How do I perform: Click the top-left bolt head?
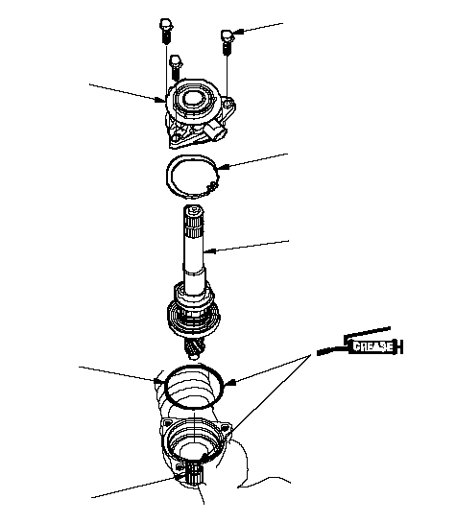pyautogui.click(x=166, y=24)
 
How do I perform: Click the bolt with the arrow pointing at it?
pyautogui.click(x=228, y=42)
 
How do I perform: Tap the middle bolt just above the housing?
pyautogui.click(x=176, y=68)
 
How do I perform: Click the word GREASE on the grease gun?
pyautogui.click(x=372, y=346)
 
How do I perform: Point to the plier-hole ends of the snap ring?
pyautogui.click(x=211, y=186)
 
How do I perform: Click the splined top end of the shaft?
pyautogui.click(x=194, y=221)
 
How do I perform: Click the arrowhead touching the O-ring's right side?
pyautogui.click(x=230, y=383)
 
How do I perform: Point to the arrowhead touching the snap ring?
pyautogui.click(x=224, y=166)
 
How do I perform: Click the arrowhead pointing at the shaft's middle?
pyautogui.click(x=209, y=250)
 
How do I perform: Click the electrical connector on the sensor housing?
pyautogui.click(x=215, y=131)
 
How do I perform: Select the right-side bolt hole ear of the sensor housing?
pyautogui.click(x=228, y=104)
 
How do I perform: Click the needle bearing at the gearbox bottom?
pyautogui.click(x=195, y=474)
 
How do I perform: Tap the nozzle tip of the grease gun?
pyautogui.click(x=320, y=352)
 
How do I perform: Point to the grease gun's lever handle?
pyautogui.click(x=367, y=332)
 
